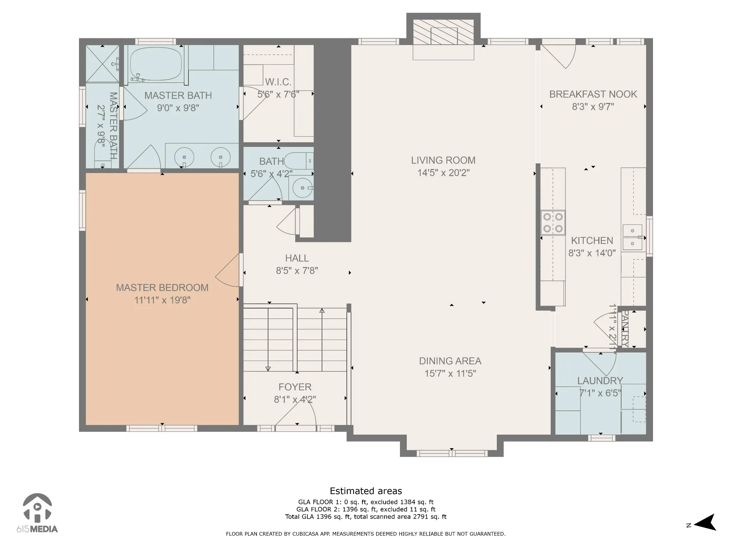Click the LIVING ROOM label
pyautogui.click(x=443, y=160)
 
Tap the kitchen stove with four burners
pyautogui.click(x=553, y=223)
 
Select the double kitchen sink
pyautogui.click(x=633, y=237)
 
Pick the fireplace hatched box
pyautogui.click(x=444, y=32)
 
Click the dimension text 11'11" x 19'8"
pyautogui.click(x=162, y=300)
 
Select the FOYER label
pyautogui.click(x=295, y=387)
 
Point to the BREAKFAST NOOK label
pyautogui.click(x=593, y=94)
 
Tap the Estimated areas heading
pyautogui.click(x=366, y=491)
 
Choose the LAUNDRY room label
pyautogui.click(x=600, y=381)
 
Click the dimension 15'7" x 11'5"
pyautogui.click(x=450, y=374)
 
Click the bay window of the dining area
pyautogui.click(x=452, y=454)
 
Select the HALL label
pyautogui.click(x=297, y=258)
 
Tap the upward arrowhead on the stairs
pyautogui.click(x=322, y=311)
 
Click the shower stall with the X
pyautogui.click(x=103, y=64)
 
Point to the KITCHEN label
pyautogui.click(x=592, y=241)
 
